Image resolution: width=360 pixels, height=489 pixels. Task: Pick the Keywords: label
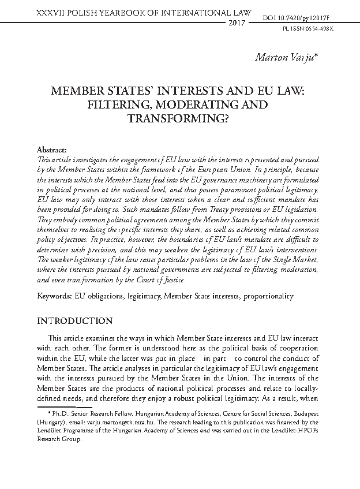(x=55, y=296)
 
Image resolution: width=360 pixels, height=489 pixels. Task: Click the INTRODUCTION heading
(x=75, y=320)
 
